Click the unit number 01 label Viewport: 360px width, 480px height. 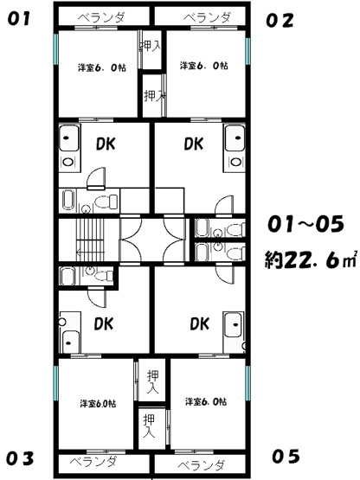click(19, 19)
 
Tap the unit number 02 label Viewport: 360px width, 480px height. click(280, 21)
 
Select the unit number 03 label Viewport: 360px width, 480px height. click(20, 458)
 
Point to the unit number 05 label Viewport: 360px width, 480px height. click(286, 456)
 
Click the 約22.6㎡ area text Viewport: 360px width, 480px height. click(311, 260)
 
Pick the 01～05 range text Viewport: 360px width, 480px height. click(305, 224)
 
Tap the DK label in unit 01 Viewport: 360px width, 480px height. click(106, 144)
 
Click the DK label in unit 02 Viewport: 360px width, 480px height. click(194, 144)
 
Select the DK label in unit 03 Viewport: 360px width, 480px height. click(104, 323)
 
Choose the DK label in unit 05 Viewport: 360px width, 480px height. click(199, 323)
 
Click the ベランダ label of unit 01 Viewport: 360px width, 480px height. click(101, 17)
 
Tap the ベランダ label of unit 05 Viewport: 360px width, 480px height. click(201, 465)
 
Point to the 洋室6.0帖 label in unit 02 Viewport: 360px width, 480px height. click(203, 66)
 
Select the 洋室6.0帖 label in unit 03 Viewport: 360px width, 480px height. click(98, 404)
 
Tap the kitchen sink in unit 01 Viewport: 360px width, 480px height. click(68, 138)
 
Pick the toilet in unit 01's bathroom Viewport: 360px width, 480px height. click(106, 202)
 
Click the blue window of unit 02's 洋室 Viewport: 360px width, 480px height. click(247, 51)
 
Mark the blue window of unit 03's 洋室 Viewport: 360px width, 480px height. click(55, 383)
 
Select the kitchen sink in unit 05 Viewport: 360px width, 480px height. click(234, 325)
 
